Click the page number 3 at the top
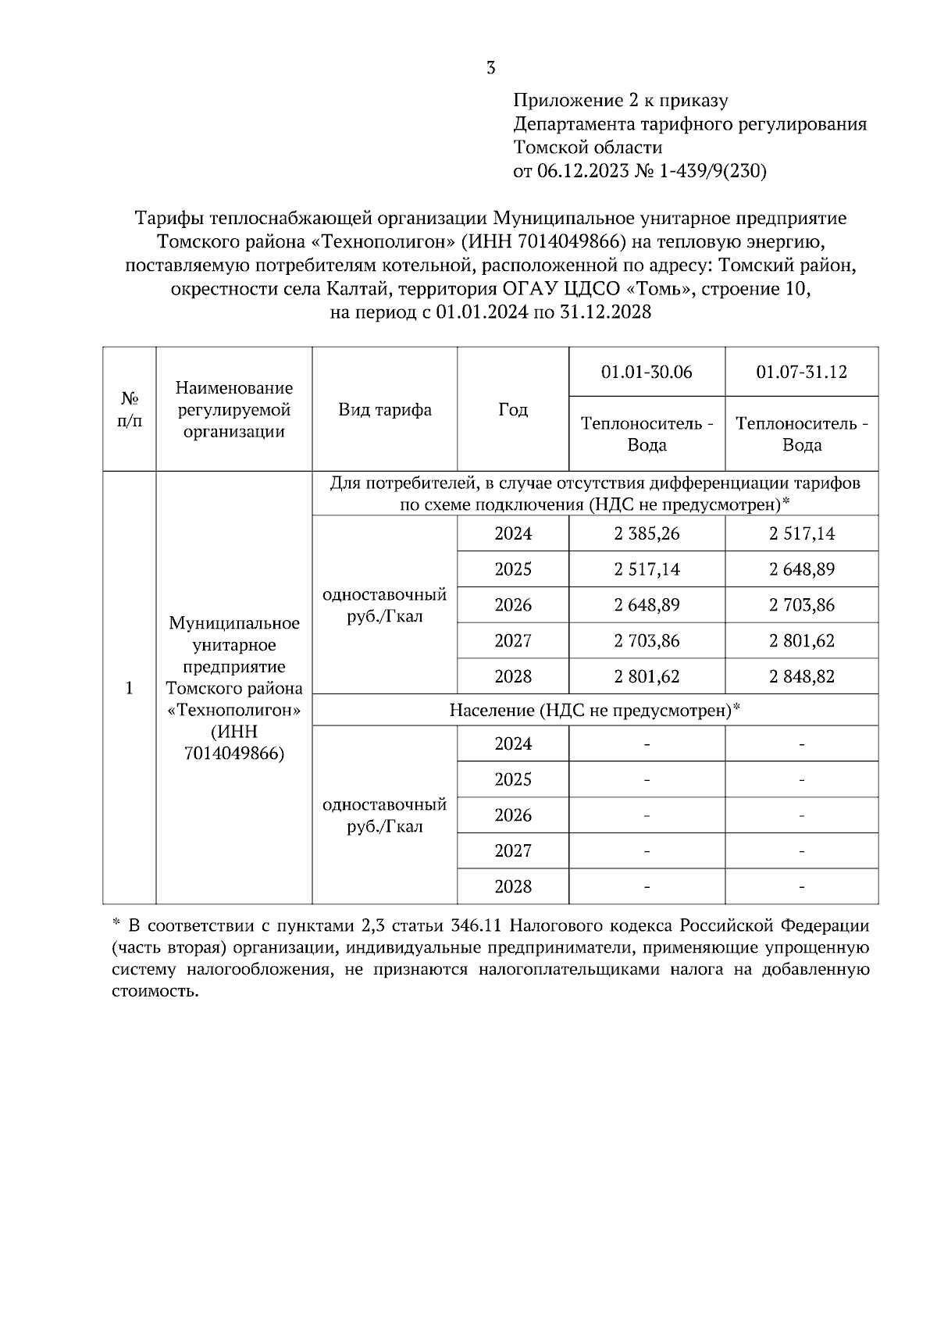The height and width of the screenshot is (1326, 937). click(490, 68)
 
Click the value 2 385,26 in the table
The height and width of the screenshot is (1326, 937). click(647, 534)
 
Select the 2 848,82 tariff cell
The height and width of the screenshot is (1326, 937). click(802, 676)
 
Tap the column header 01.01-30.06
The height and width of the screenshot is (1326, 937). click(647, 372)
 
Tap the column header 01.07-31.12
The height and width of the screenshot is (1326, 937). click(802, 372)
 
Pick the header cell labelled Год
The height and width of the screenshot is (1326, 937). click(513, 410)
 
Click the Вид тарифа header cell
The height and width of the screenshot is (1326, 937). click(385, 410)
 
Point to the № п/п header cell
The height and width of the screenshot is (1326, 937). click(130, 410)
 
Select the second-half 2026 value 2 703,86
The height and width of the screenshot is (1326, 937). click(802, 605)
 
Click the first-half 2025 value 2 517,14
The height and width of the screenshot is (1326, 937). click(647, 570)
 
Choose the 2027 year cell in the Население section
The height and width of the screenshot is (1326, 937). click(513, 851)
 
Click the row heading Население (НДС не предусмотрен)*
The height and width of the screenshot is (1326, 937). click(595, 711)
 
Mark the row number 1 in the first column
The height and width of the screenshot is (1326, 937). click(130, 688)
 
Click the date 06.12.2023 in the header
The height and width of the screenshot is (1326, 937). click(583, 171)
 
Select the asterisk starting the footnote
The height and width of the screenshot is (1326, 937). click(116, 925)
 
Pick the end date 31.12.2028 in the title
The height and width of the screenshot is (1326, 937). click(605, 312)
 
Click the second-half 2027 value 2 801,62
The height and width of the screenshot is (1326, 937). click(802, 641)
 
